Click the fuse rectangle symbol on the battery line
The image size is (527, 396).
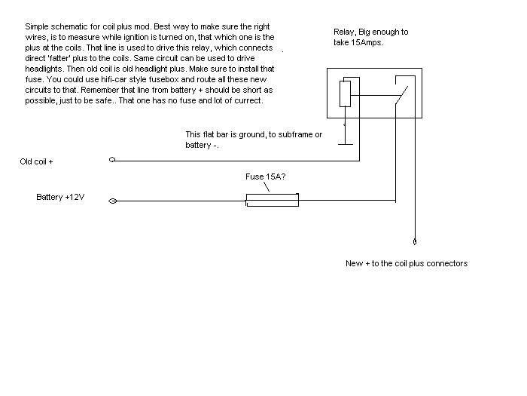(272, 201)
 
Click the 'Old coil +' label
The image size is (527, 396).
(37, 161)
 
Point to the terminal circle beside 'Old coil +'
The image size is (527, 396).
(112, 160)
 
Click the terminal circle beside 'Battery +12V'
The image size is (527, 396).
(112, 201)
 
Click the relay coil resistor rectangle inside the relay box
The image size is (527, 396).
(345, 94)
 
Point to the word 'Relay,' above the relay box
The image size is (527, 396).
(346, 32)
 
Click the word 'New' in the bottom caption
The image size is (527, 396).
(354, 263)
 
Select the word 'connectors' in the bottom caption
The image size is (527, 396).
(446, 263)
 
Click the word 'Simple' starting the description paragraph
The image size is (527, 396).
(38, 26)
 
